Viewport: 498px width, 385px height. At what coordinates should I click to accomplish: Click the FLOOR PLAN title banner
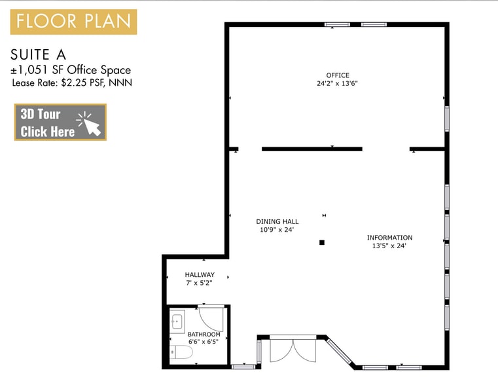[x=73, y=22]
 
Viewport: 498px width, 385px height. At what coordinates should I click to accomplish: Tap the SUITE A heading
[x=39, y=54]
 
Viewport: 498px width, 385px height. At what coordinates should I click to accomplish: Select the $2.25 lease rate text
[x=75, y=82]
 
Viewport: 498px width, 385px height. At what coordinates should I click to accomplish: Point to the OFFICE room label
[x=338, y=75]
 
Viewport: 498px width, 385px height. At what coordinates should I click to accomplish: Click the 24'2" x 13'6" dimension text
[x=338, y=83]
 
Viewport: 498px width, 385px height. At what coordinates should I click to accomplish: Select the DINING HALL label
[x=277, y=222]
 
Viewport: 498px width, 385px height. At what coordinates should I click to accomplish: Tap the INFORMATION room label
[x=389, y=238]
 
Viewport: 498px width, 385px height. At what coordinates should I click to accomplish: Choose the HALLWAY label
[x=200, y=275]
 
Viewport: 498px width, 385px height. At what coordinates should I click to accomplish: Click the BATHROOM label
[x=204, y=335]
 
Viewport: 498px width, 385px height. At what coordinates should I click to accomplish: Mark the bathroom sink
[x=177, y=321]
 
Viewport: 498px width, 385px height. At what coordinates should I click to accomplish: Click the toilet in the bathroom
[x=182, y=353]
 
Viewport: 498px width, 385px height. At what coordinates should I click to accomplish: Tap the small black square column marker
[x=322, y=242]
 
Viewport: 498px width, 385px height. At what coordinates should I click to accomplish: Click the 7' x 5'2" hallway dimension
[x=199, y=283]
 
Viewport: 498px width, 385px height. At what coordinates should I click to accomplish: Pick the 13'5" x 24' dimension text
[x=389, y=246]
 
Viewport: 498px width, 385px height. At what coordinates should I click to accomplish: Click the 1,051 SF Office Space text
[x=75, y=70]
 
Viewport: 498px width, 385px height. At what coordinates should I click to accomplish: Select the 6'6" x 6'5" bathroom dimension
[x=204, y=342]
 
